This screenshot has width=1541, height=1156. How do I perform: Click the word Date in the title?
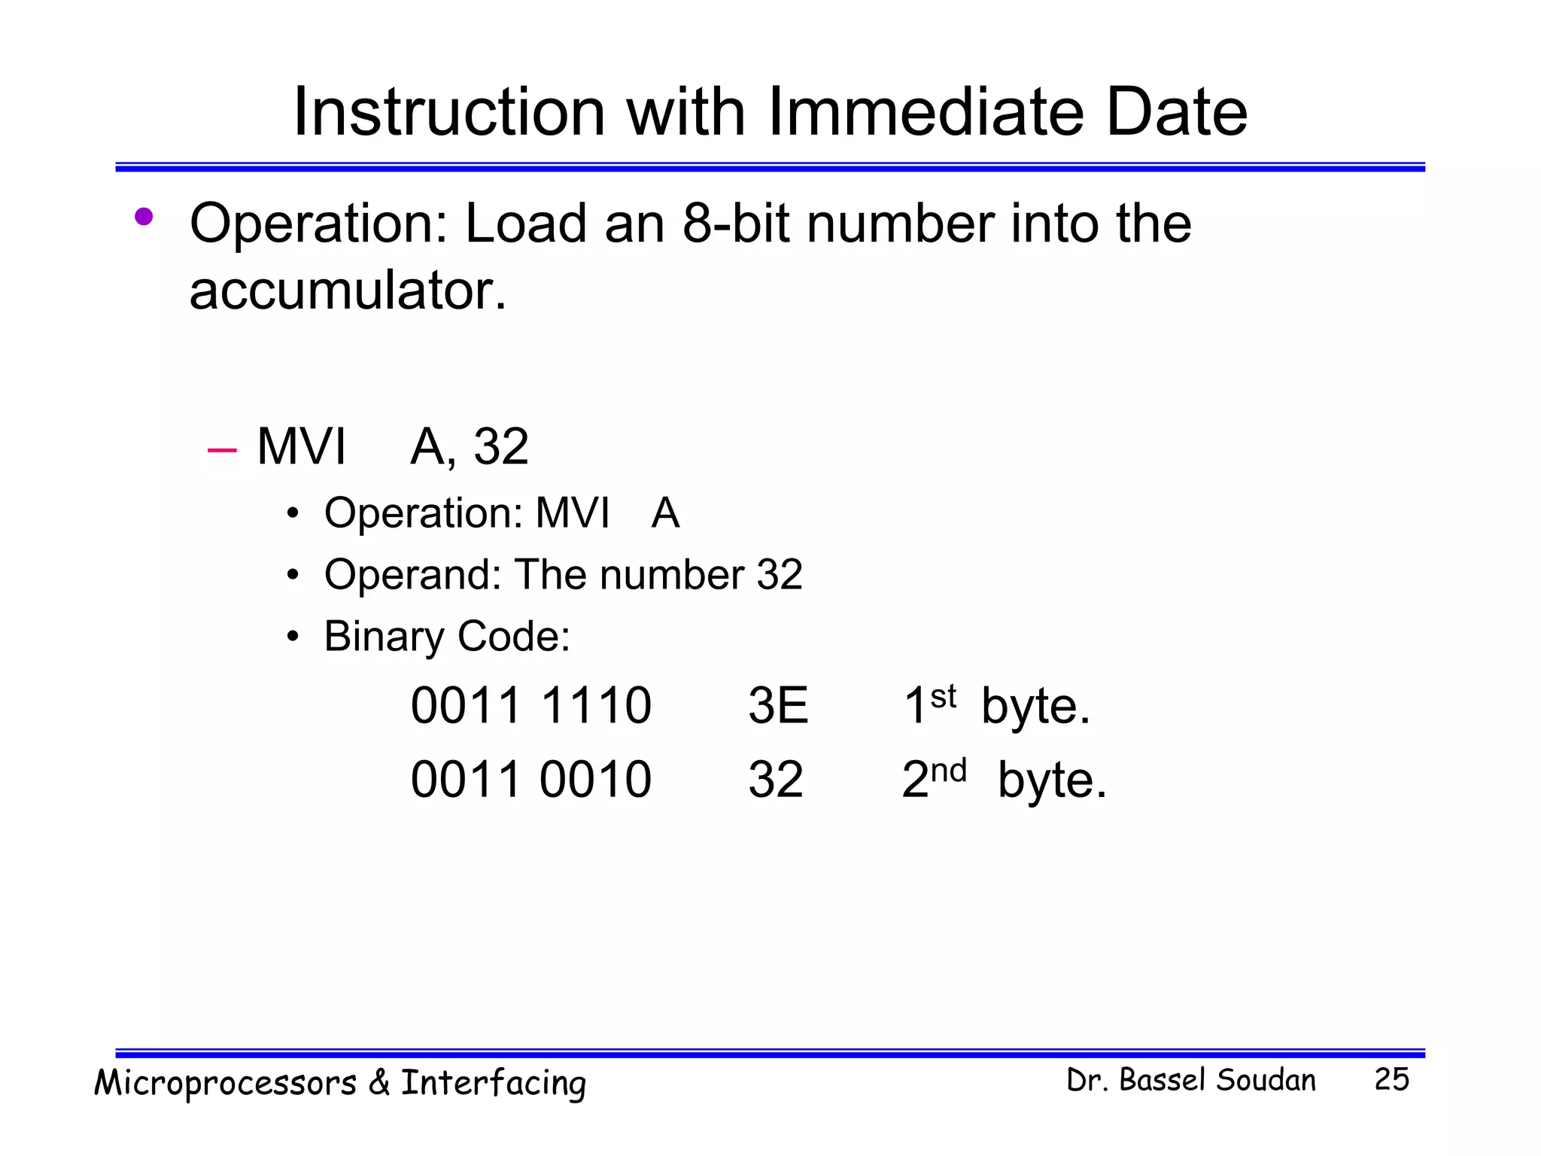1176,112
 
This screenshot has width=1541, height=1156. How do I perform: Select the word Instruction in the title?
448,112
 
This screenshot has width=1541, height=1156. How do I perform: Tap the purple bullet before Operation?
143,218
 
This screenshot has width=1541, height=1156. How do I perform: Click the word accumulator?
348,291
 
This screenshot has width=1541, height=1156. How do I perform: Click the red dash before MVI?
222,450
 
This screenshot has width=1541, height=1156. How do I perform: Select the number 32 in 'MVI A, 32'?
500,446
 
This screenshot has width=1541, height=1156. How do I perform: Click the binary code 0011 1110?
530,706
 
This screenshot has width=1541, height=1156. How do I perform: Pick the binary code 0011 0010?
530,780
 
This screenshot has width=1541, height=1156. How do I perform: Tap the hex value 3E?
777,706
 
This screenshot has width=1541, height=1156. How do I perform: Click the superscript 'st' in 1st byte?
943,697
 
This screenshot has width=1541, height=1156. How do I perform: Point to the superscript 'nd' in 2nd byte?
948,771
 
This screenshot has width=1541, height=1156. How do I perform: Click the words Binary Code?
447,637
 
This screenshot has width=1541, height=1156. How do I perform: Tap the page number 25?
1391,1079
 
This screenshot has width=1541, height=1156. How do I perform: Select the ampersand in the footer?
378,1082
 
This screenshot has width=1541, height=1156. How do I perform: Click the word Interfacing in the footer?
493,1084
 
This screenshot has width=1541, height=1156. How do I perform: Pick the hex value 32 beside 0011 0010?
775,780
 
